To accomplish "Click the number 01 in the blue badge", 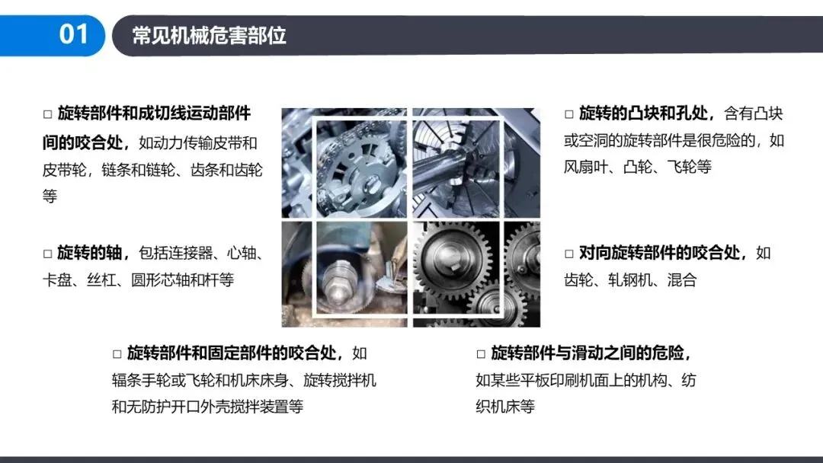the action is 73,34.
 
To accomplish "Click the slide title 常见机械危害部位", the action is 209,36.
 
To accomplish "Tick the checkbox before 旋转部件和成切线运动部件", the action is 48,113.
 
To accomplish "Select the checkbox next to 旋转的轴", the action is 48,254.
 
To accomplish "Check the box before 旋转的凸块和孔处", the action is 569,113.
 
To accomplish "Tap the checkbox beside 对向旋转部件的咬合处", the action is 569,254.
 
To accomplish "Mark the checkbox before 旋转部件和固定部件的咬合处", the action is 117,354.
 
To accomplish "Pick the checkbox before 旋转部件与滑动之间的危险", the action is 481,354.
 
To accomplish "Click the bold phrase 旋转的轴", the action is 90,253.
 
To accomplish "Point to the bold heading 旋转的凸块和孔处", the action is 643,113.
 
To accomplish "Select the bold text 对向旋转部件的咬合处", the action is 660,253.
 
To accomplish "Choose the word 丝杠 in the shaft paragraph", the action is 101,280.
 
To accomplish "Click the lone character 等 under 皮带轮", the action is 50,196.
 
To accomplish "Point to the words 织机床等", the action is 505,407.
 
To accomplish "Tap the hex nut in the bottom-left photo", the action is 337,286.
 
